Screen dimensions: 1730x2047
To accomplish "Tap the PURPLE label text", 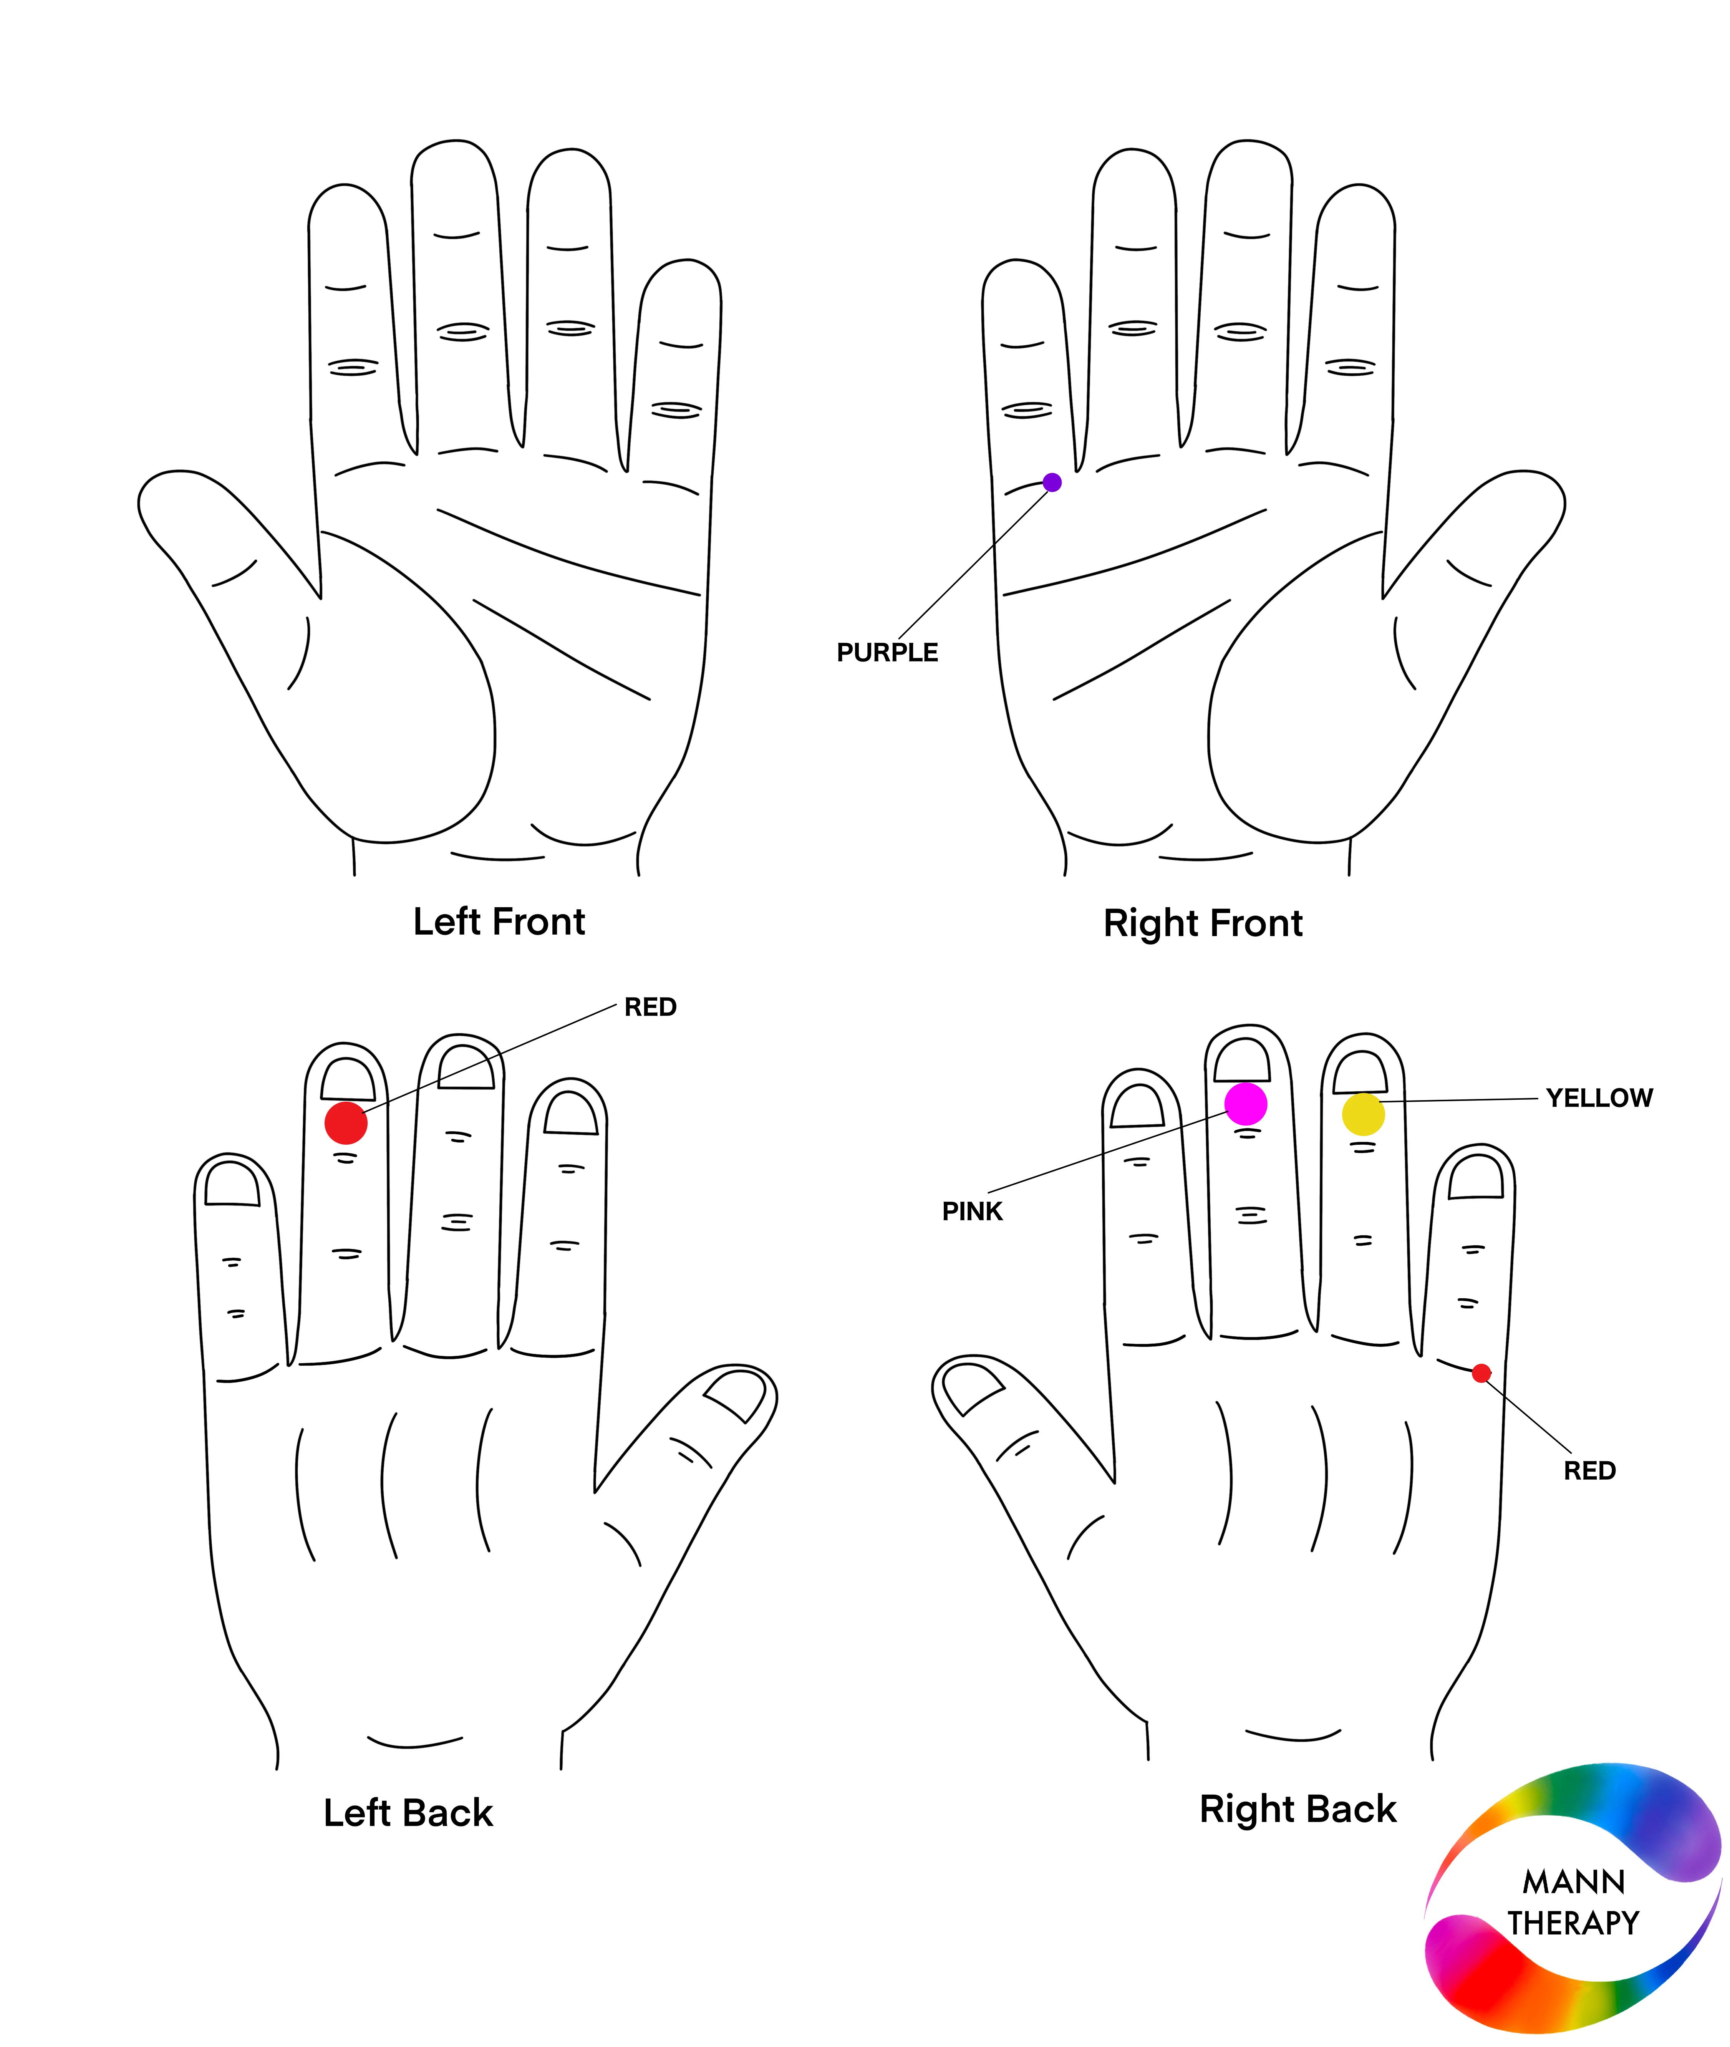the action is (x=887, y=652).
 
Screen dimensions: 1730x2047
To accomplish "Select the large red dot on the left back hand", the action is (x=346, y=1122).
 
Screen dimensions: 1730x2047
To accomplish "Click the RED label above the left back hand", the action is (x=650, y=1007).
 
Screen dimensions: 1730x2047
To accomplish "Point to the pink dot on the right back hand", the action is (x=1246, y=1104).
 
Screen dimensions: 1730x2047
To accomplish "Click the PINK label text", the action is (x=972, y=1211).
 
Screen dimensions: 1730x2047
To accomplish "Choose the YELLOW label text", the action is (x=1599, y=1097).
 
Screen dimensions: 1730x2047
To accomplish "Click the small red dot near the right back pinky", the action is (x=1482, y=1373).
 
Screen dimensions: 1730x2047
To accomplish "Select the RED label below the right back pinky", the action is (x=1590, y=1470).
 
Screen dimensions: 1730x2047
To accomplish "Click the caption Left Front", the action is (x=499, y=922).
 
